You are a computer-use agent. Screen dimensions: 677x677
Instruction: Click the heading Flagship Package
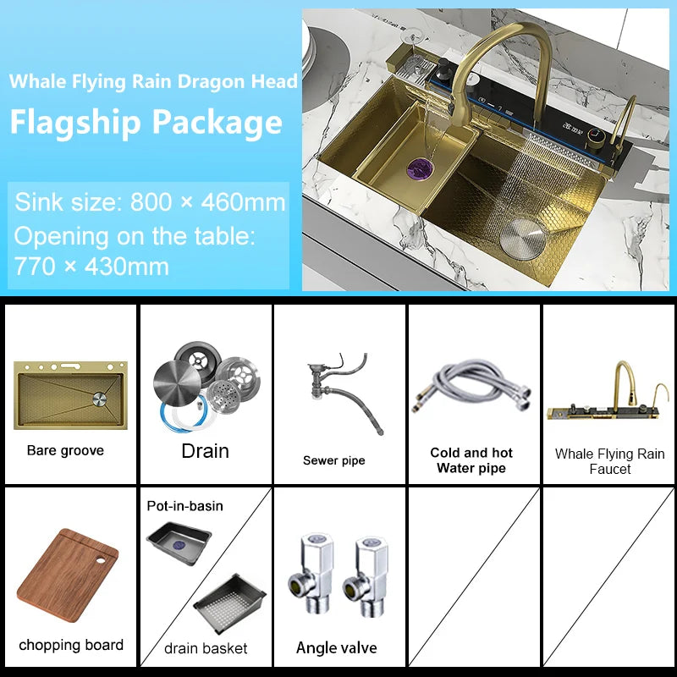146,123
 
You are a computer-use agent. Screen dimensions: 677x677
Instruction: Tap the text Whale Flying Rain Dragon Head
153,82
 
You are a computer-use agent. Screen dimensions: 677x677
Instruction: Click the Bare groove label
65,451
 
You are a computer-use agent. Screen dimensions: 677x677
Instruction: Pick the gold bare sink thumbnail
70,394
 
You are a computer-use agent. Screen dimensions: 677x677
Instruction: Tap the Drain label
205,451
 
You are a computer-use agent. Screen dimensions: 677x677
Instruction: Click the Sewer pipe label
334,460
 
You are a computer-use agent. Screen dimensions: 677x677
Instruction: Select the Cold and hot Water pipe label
471,460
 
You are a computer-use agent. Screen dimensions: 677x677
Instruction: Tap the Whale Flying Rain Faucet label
609,461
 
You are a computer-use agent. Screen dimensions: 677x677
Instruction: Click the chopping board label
71,645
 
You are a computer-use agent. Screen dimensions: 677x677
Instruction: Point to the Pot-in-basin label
185,506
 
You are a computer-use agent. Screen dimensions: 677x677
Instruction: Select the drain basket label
206,648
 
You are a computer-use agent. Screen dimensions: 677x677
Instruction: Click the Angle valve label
336,648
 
